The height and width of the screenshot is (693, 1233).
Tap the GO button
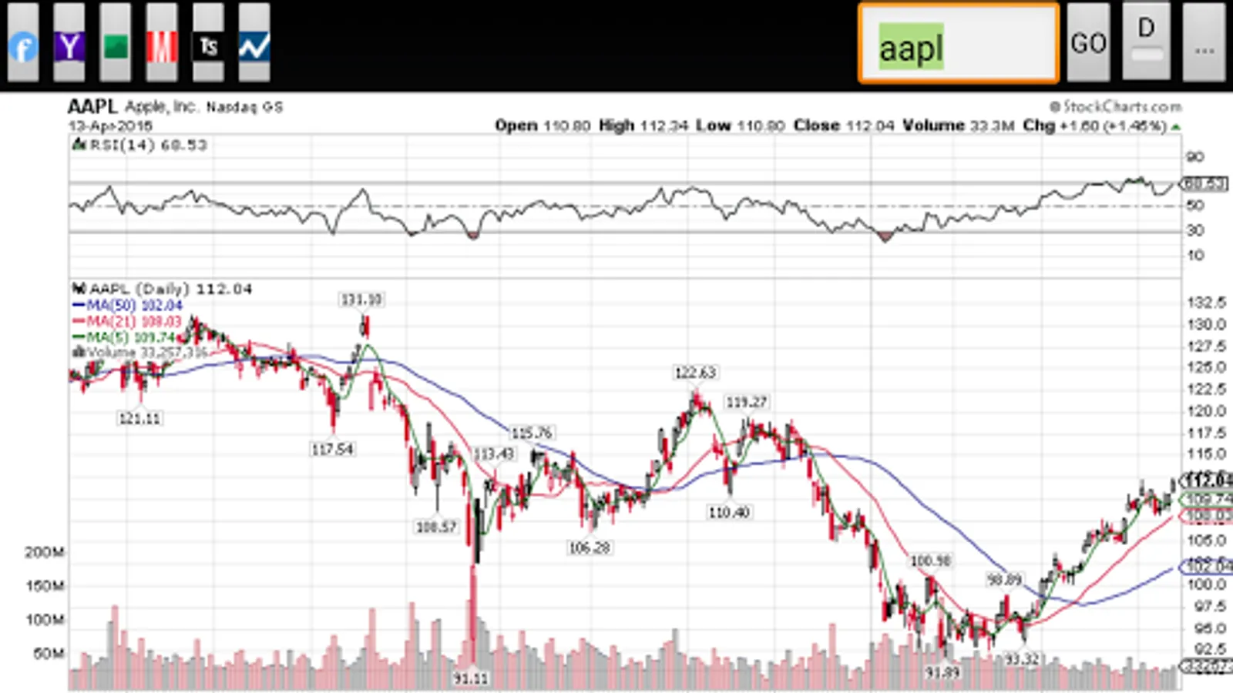coord(1088,43)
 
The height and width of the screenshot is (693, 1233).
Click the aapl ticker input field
coord(959,44)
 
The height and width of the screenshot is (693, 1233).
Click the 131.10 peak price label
coord(361,300)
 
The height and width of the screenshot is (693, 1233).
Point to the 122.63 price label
coord(695,373)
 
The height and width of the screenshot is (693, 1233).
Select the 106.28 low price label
coord(590,547)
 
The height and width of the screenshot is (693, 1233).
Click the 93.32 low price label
coord(1022,659)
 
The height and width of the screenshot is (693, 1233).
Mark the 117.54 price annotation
coord(332,449)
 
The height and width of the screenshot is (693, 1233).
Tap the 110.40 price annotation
coord(729,512)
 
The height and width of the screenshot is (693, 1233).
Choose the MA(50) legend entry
coord(128,306)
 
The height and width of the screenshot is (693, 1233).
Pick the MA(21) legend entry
coord(128,321)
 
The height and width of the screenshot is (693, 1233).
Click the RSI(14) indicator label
coord(139,145)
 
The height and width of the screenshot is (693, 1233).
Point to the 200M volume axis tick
coord(45,552)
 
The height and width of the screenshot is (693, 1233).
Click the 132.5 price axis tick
coord(1206,303)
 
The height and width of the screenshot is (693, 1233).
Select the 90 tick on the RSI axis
coord(1194,157)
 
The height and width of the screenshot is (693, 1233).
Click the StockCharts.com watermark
coord(1116,107)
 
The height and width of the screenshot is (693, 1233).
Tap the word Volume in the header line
coord(933,126)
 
